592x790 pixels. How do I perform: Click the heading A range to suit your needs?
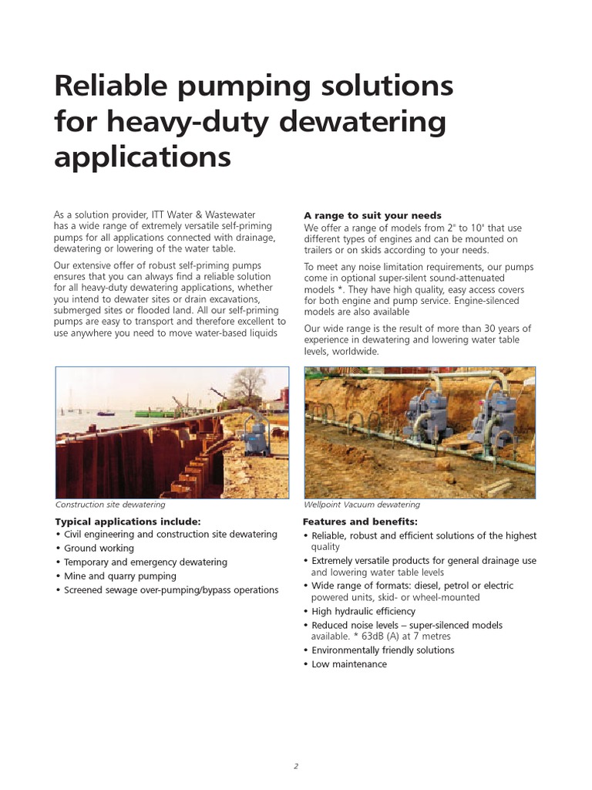(x=372, y=215)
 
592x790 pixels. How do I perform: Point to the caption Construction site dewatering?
(x=110, y=505)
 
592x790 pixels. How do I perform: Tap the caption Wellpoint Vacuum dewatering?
(x=362, y=505)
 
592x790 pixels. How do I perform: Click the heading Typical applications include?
(x=128, y=522)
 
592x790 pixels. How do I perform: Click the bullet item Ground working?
(x=99, y=549)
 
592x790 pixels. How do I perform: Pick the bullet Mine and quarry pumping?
(x=119, y=576)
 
